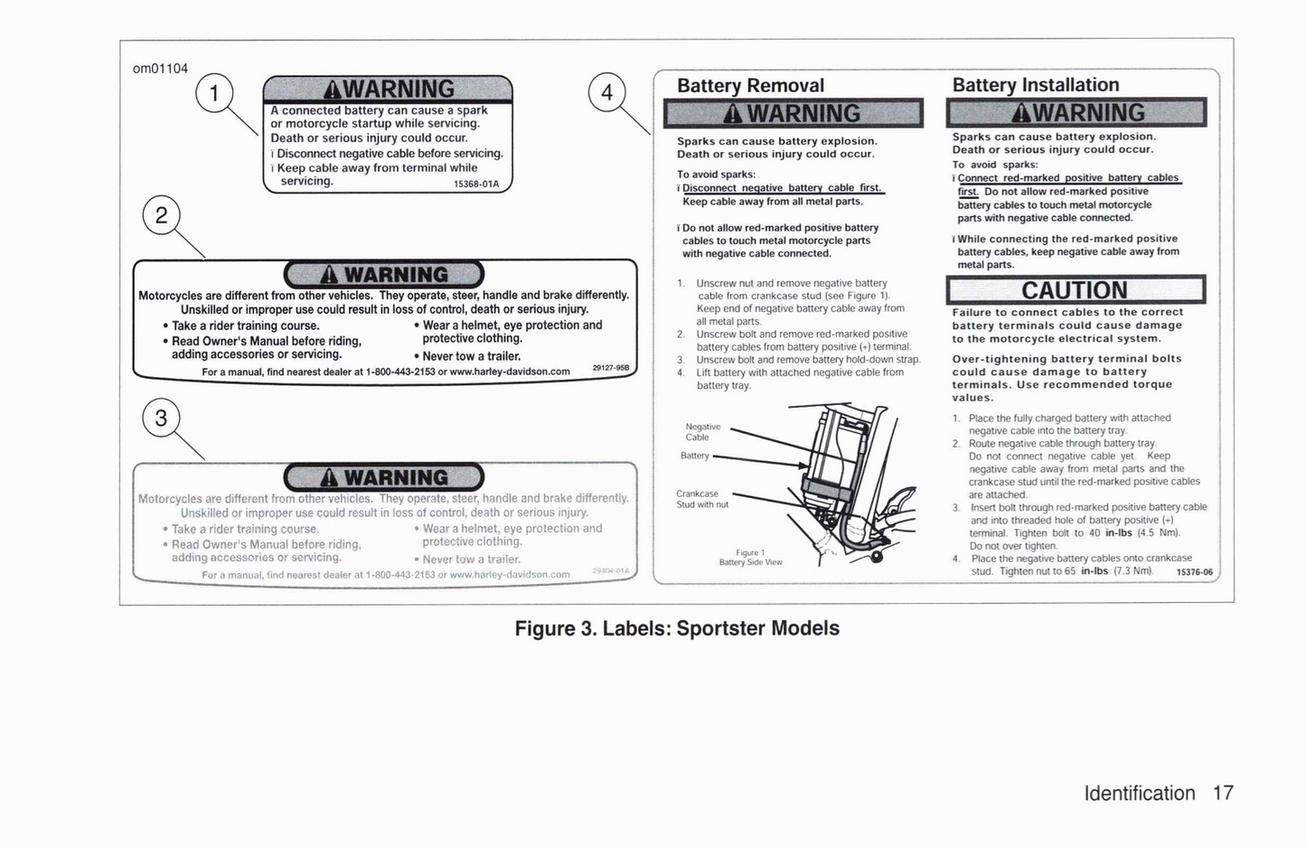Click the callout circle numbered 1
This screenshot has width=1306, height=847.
coord(214,94)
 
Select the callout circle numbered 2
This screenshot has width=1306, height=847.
coord(162,216)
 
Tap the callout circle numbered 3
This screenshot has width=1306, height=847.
coord(161,419)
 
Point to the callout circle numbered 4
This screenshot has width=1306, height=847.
coord(606,92)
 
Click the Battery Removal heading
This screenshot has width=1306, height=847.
coord(750,86)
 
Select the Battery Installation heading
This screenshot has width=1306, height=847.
coord(1035,85)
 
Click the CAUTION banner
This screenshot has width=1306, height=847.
coord(1075,290)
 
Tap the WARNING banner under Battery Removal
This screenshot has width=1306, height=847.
coord(793,114)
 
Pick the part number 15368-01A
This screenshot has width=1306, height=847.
coord(475,184)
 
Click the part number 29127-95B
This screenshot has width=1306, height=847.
coord(610,368)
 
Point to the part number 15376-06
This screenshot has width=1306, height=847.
coord(1194,572)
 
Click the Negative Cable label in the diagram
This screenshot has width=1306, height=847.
coord(702,432)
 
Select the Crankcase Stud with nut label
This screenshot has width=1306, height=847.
coord(701,499)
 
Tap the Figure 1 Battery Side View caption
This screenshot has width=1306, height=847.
coord(750,557)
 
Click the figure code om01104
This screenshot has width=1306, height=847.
coord(160,69)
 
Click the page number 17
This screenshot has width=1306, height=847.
coord(1222,793)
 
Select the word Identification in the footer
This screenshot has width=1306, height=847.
coord(1139,793)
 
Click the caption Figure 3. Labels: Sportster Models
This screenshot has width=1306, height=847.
coord(676,628)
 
